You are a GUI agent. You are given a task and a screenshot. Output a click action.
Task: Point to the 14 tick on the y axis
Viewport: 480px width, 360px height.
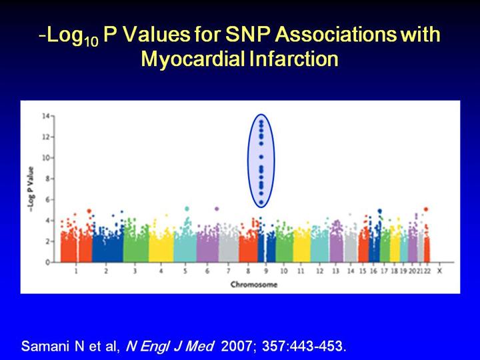(x=46, y=116)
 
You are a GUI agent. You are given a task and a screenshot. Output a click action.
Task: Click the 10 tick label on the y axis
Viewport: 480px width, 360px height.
(x=46, y=158)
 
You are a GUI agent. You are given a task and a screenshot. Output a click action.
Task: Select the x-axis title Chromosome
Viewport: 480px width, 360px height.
(x=254, y=285)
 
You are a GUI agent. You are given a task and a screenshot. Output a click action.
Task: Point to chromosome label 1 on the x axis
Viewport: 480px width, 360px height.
(x=76, y=273)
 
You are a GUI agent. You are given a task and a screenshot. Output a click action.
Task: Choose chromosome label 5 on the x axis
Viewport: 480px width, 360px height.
(x=185, y=273)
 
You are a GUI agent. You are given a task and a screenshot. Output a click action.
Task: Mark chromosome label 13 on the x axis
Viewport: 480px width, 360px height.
(x=335, y=273)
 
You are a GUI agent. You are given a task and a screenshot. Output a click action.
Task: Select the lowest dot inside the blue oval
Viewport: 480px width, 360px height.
(x=261, y=201)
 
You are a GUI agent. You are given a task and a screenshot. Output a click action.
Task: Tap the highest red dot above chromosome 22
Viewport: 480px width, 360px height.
(x=426, y=209)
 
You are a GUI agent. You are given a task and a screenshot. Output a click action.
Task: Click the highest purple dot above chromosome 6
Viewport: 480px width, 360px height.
(x=217, y=209)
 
